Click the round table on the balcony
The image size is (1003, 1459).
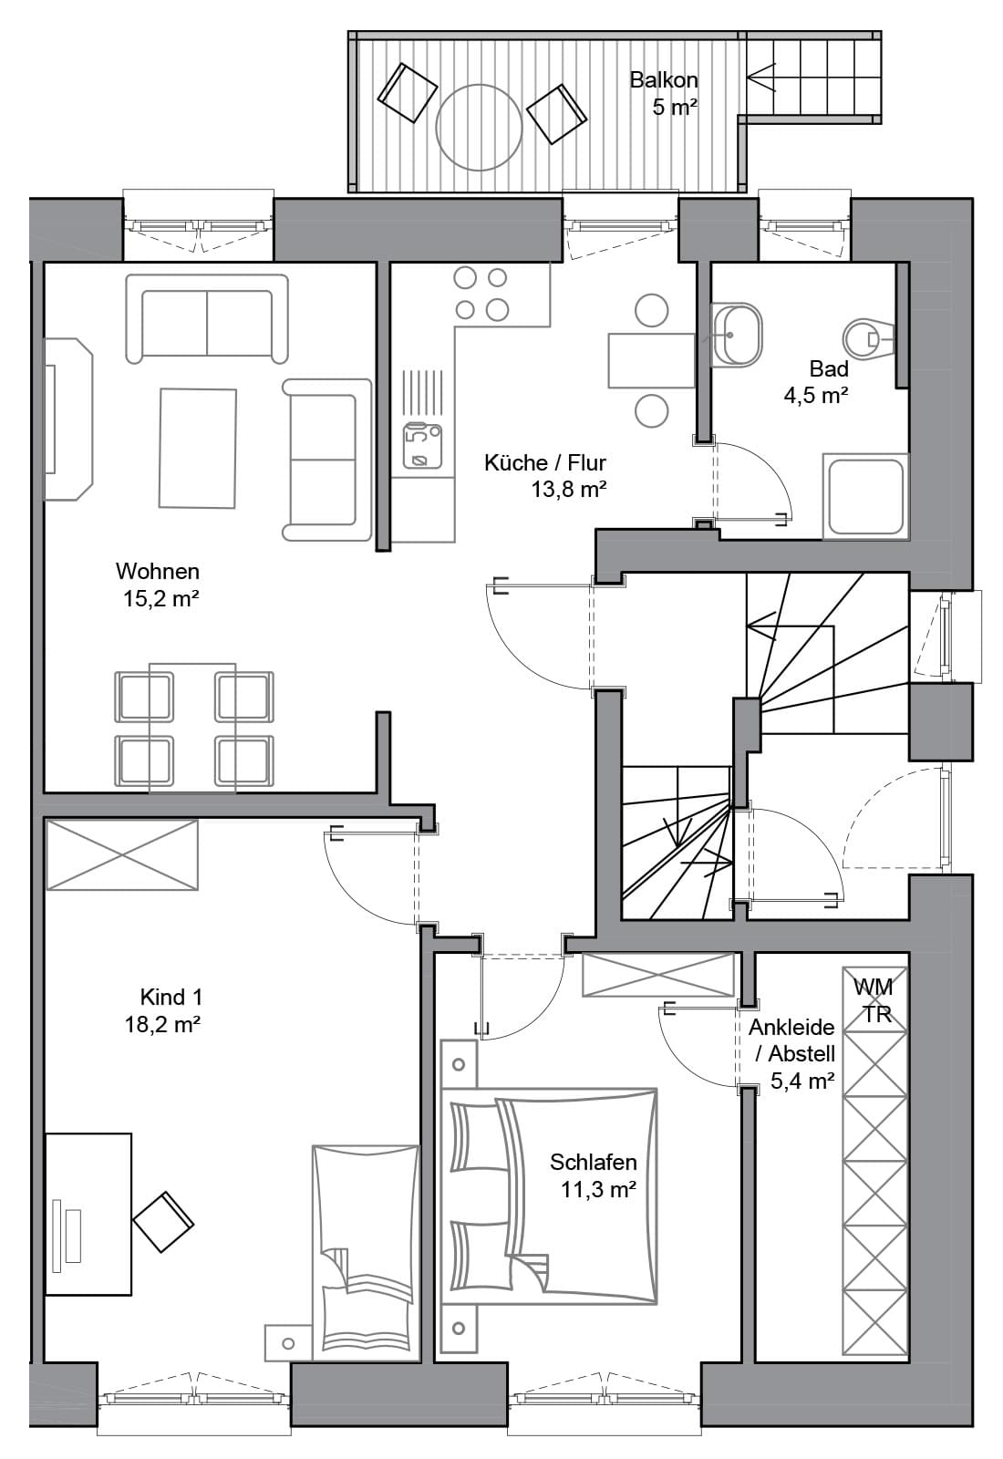coord(479,128)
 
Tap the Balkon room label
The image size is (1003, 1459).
coord(664,80)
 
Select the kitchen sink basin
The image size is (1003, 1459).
coord(422,446)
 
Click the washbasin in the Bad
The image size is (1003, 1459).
coord(736,335)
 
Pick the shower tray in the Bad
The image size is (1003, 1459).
coord(865,496)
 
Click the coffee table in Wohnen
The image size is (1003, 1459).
coord(197,448)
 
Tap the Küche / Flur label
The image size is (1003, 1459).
coord(545,463)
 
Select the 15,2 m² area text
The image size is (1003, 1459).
coord(160,598)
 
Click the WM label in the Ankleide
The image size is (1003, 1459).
coord(873,987)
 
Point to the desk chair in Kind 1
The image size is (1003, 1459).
coord(163,1222)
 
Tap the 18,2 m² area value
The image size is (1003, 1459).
coord(162,1025)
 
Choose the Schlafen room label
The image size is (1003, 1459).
coord(594,1162)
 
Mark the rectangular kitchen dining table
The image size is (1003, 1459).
coord(651,361)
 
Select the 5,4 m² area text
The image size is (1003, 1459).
coord(802,1081)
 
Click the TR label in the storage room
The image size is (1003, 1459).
coord(877,1015)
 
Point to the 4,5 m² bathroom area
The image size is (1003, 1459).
coord(815,396)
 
